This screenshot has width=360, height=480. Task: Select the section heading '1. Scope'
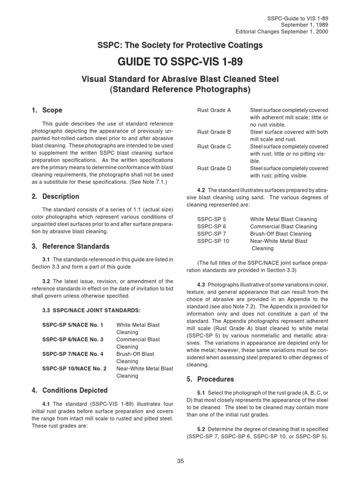46,111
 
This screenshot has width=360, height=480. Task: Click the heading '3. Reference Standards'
70,246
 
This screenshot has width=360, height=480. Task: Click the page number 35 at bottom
180,461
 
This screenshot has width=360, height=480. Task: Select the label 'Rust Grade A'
214,110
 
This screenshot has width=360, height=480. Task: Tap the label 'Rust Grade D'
214,168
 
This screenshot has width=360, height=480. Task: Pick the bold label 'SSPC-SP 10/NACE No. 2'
74,368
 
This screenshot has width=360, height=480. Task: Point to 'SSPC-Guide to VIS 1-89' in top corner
298,17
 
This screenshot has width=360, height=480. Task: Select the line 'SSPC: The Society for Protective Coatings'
180,45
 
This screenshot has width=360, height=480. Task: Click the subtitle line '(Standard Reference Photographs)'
180,89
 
